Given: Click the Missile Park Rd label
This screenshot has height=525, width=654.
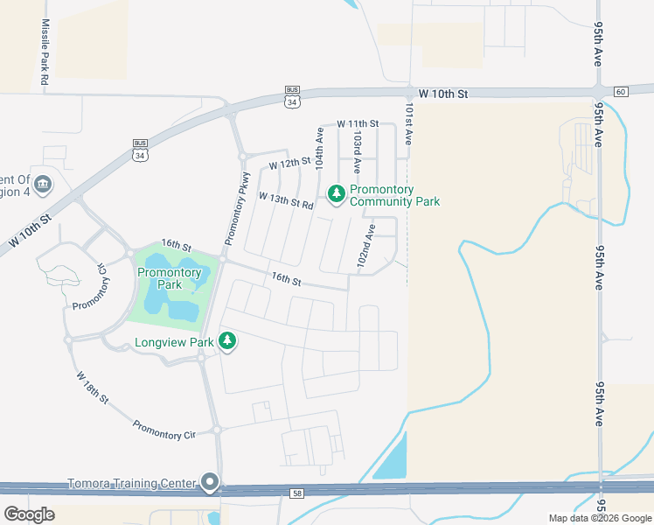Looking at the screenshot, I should pos(45,52).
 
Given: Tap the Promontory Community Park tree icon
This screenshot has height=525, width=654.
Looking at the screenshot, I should pos(336,193).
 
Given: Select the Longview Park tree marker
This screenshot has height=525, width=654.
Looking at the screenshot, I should pos(227,340).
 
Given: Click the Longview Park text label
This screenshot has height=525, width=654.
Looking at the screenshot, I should pos(175,342).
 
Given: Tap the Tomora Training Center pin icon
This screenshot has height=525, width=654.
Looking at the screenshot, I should pos(210,482).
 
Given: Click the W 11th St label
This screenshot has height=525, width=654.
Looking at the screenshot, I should pos(357,124).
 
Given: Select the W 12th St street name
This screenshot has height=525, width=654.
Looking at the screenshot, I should pos(290,164).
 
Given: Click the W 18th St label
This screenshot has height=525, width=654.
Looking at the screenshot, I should pos(92,388).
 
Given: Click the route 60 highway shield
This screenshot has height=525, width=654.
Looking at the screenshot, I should pos(621,91).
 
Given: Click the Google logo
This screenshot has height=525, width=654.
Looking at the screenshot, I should pos(29,514).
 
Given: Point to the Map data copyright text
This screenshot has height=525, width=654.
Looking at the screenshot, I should pos(600,518).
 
